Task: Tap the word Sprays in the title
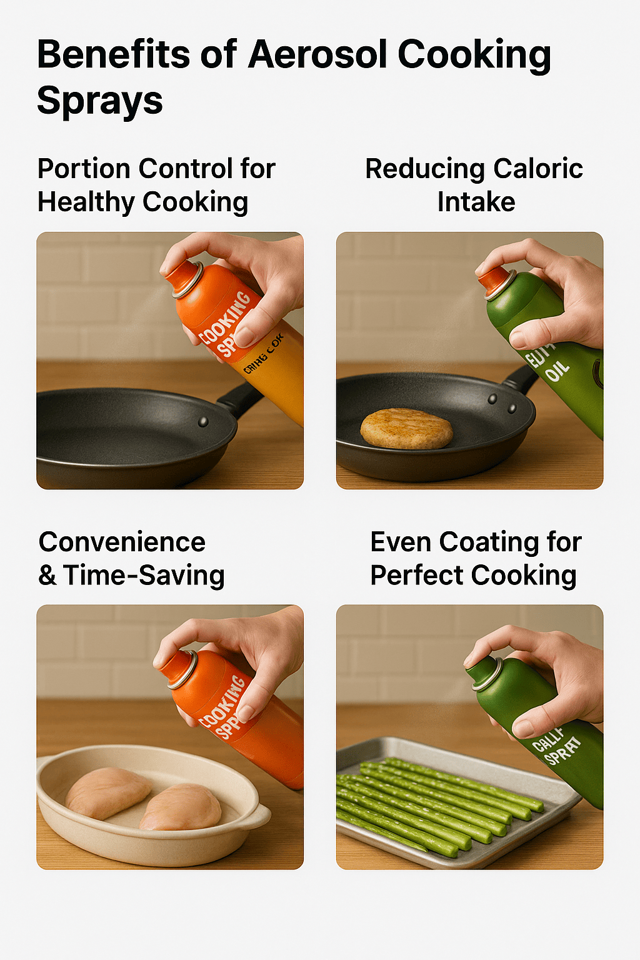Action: [x=100, y=101]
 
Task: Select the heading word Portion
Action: [x=83, y=169]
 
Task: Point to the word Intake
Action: [x=476, y=202]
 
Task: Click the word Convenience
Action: [x=122, y=542]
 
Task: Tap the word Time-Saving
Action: [x=144, y=575]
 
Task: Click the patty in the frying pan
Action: [x=407, y=429]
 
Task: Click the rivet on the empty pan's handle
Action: [x=203, y=422]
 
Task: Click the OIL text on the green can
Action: [x=557, y=371]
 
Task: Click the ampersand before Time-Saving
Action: [x=47, y=576]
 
